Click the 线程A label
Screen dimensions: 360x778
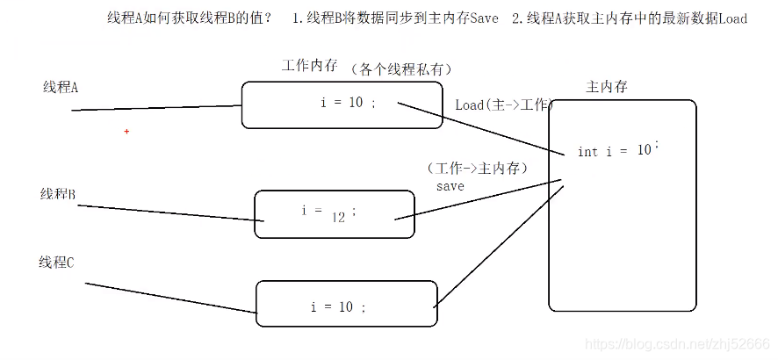[x=61, y=87]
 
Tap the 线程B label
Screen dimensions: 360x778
[x=59, y=193]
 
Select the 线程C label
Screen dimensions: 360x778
[x=56, y=263]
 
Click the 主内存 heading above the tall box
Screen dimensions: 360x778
[x=606, y=87]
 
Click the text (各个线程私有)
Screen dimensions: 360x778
[x=406, y=68]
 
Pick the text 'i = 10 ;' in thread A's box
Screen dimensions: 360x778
[x=349, y=103]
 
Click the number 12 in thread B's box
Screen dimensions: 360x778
[x=339, y=217]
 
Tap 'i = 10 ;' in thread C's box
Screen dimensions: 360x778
[x=338, y=307]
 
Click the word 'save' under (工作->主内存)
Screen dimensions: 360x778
[x=450, y=186]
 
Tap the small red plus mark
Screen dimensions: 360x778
[x=126, y=132]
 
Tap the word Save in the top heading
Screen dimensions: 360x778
[x=484, y=18]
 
